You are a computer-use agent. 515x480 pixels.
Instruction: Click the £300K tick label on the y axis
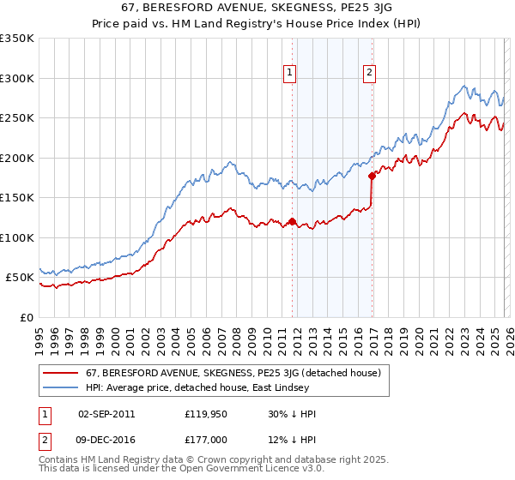17,78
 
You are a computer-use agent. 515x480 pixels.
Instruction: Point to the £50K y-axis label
20,278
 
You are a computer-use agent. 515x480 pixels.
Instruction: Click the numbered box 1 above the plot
291,74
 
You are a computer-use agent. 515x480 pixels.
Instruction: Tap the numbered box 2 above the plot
369,74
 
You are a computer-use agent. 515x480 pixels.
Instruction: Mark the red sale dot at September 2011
292,222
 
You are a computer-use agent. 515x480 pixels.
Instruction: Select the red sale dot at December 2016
372,177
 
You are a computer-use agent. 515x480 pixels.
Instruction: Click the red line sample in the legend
61,373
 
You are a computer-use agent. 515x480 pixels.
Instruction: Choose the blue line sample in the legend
61,388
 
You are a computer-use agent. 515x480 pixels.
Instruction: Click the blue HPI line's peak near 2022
463,86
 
